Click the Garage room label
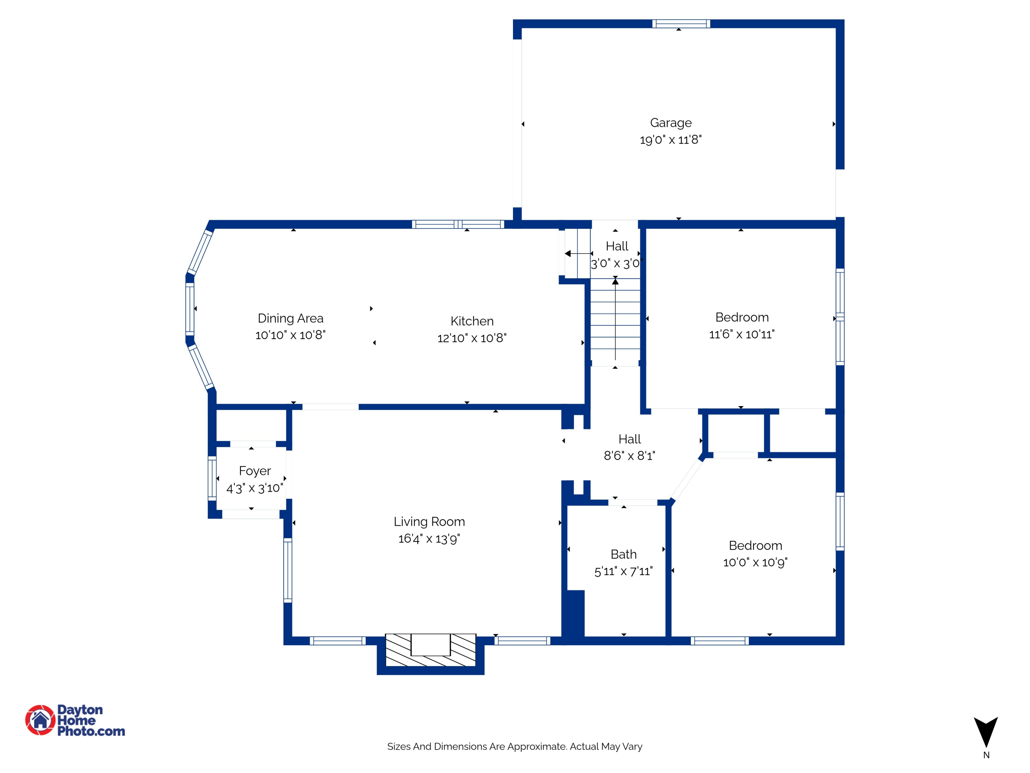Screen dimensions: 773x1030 [671, 123]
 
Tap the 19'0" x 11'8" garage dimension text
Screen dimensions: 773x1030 [671, 140]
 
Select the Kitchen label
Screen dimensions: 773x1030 [472, 321]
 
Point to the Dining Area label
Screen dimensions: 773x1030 [290, 318]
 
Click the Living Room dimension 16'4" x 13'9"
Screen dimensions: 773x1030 [429, 539]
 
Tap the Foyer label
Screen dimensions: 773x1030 [255, 471]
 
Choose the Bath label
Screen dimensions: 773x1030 [623, 554]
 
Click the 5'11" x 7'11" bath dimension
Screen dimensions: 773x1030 [623, 571]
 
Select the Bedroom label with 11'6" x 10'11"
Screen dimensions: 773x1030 [742, 317]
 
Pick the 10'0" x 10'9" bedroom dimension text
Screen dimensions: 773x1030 [755, 562]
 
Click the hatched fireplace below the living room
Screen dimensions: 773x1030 [430, 650]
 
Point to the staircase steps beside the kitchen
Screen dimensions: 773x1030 [616, 322]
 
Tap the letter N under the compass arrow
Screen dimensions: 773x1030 [986, 755]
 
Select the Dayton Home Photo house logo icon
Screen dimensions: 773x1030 [41, 720]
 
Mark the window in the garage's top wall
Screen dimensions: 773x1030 [681, 24]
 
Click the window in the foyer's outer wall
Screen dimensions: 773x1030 [212, 479]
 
